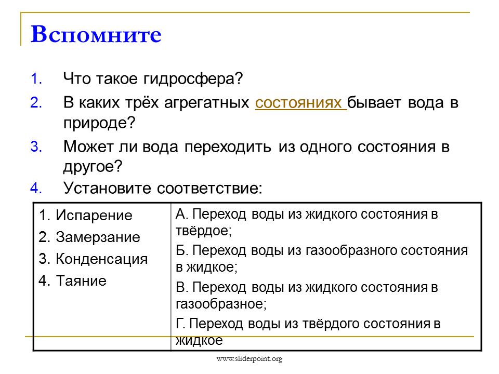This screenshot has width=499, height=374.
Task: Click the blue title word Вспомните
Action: coord(96,34)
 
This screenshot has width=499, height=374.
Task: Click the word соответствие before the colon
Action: coord(208,188)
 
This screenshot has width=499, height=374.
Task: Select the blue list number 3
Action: coord(36,147)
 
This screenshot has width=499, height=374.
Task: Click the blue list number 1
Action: coord(36,78)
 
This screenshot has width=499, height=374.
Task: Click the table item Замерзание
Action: coord(98,237)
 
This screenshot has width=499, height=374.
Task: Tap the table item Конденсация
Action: coord(102,259)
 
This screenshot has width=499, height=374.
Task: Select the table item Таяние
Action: coord(81,281)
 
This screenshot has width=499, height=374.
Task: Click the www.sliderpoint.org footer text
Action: coord(249,359)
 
